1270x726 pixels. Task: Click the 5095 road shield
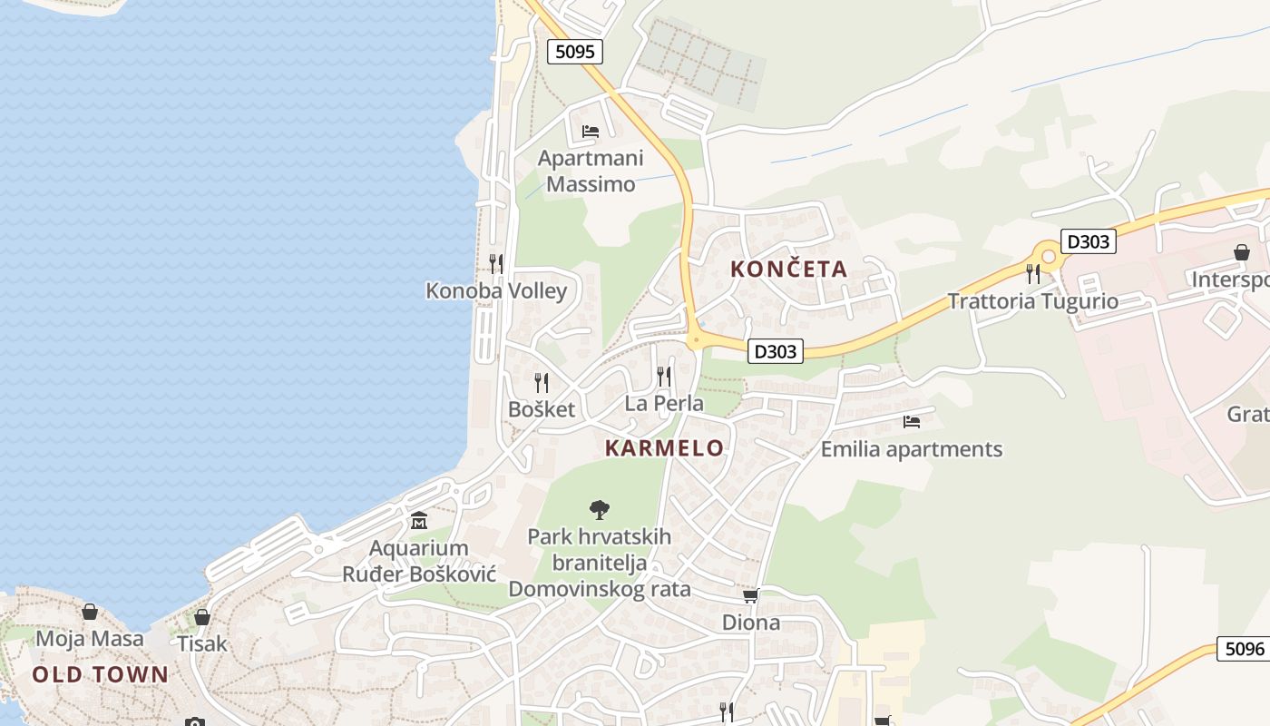(575, 52)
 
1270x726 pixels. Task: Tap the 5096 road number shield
(1244, 649)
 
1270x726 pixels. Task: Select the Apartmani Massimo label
(591, 171)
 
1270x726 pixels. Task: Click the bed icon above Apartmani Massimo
(591, 132)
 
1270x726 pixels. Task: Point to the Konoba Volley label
(496, 290)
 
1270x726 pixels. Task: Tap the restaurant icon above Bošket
(542, 382)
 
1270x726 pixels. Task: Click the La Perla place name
(664, 403)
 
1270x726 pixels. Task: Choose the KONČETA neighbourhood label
(788, 269)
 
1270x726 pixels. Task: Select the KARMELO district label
(664, 447)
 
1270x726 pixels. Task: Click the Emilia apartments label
(912, 449)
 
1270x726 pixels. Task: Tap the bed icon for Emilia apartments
(912, 421)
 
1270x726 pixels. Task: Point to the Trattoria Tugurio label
(1032, 301)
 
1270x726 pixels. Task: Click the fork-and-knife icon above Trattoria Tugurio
(1032, 272)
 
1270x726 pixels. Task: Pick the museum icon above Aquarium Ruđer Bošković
(419, 521)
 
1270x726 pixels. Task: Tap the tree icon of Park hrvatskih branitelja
(599, 509)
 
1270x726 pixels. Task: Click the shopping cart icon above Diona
(750, 595)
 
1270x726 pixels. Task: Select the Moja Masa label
(89, 638)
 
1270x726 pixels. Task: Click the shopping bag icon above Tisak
(201, 617)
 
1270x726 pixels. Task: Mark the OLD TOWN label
(100, 674)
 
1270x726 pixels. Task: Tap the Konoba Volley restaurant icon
(496, 263)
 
